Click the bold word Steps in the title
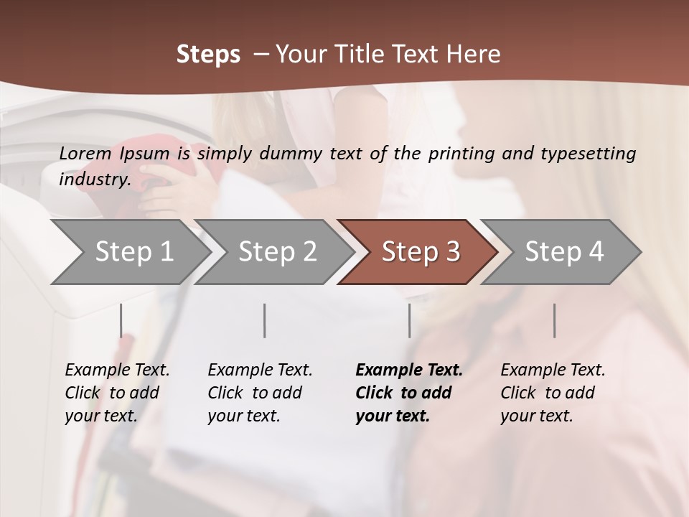click(208, 55)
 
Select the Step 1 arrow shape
click(133, 251)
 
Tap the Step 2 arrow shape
click(277, 251)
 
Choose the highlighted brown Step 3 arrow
click(420, 251)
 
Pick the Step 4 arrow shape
click(563, 251)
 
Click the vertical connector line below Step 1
click(121, 320)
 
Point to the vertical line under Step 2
click(265, 320)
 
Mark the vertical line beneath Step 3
click(409, 320)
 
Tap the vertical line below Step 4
click(554, 320)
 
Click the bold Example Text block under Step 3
click(408, 393)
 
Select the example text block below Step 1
click(117, 393)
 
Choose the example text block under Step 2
click(260, 393)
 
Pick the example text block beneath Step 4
click(553, 393)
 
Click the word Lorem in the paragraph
click(85, 153)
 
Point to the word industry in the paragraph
click(94, 179)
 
